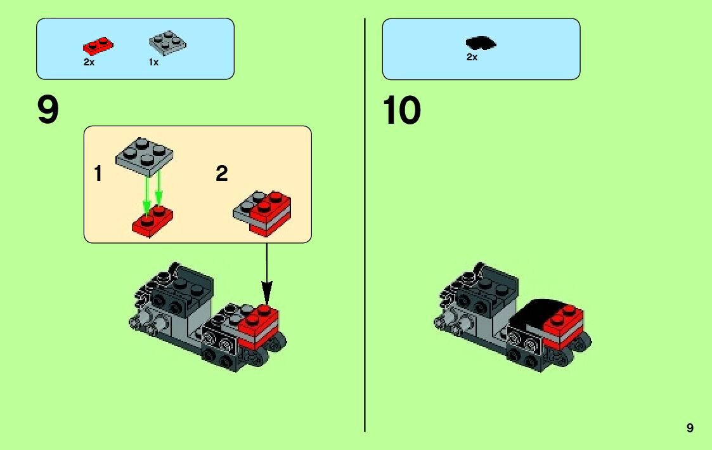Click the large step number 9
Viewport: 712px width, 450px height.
pos(48,110)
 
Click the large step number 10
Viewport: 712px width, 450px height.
pos(401,110)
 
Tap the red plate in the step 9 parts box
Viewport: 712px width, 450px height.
pos(98,45)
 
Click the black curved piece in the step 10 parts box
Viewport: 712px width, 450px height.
pos(481,43)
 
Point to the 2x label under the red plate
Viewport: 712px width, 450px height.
pos(88,62)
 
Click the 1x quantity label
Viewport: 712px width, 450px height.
pos(153,62)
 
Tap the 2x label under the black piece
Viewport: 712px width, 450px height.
pos(472,57)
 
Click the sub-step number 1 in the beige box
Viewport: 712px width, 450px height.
pos(98,173)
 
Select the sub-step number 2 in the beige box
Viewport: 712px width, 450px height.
pos(221,173)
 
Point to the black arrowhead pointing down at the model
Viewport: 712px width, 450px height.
pos(266,295)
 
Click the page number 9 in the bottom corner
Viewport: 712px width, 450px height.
pos(690,428)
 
